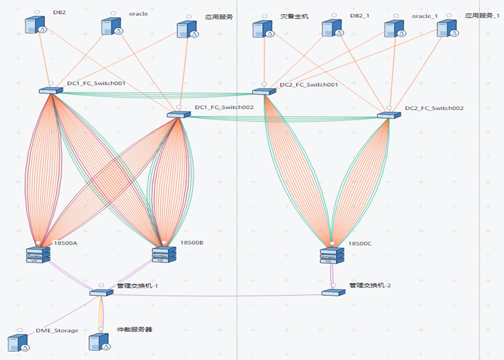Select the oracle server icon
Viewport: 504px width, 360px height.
pyautogui.click(x=111, y=26)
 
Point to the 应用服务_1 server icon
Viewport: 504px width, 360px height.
pyautogui.click(x=446, y=28)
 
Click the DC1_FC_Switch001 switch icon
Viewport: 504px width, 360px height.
pyautogui.click(x=51, y=91)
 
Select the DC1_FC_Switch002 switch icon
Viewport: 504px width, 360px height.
pyautogui.click(x=179, y=115)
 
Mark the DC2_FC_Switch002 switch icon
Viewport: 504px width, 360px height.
pyautogui.click(x=389, y=115)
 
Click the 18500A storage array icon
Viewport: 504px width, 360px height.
pyautogui.click(x=38, y=255)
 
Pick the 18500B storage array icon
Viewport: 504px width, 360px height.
pyautogui.click(x=164, y=254)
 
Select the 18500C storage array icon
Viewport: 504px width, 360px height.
pyautogui.click(x=332, y=256)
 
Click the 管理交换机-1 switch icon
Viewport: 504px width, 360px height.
pyautogui.click(x=101, y=293)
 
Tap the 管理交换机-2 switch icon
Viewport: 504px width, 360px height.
pyautogui.click(x=333, y=293)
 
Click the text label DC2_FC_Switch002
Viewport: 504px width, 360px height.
pyautogui.click(x=434, y=108)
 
